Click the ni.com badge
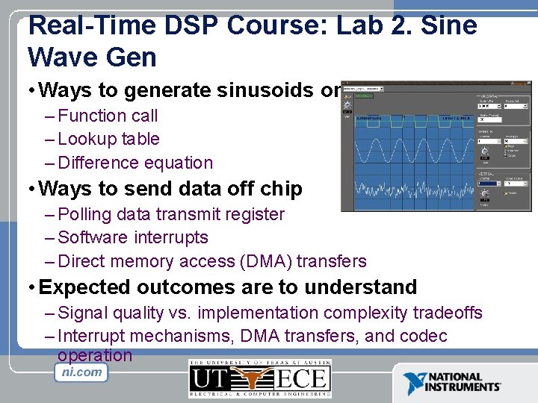coord(81,372)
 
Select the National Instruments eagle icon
coord(413,383)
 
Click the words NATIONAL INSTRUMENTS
coord(463,382)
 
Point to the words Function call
coord(108,116)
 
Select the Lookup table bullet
coord(108,139)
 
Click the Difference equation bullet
coord(134,163)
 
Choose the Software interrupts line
coord(132,237)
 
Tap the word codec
coord(424,336)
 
